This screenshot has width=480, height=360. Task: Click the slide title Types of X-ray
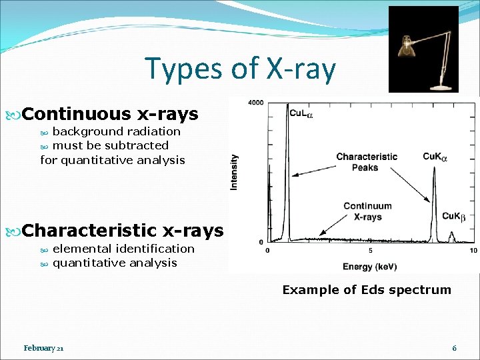[x=240, y=69]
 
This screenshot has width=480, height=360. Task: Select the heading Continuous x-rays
[x=111, y=114]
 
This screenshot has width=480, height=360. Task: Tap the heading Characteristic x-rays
[x=123, y=231]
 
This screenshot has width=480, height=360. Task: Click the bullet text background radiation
[x=116, y=131]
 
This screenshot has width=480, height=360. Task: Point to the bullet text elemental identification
[x=123, y=249]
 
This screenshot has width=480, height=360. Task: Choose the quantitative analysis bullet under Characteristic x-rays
[x=115, y=263]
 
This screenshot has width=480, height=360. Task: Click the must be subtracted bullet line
[x=110, y=145]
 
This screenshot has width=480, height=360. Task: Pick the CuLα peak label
[x=301, y=113]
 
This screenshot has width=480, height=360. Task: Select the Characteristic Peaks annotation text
[x=367, y=162]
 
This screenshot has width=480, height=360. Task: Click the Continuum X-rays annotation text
[x=367, y=211]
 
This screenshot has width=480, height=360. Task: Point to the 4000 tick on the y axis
[x=255, y=103]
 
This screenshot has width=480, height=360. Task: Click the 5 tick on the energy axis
[x=371, y=251]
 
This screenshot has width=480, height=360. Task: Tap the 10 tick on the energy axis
[x=473, y=251]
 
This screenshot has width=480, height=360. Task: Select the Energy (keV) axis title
[x=370, y=267]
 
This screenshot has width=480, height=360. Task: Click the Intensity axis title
[x=234, y=172]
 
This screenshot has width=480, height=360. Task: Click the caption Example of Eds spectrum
[x=367, y=290]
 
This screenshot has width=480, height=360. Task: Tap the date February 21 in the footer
[x=44, y=348]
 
